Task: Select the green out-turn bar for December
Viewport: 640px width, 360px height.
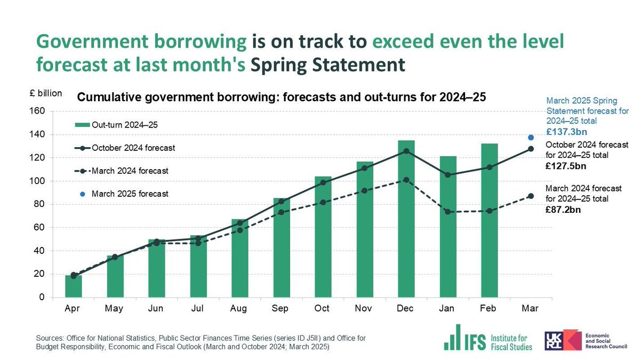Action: [406, 219]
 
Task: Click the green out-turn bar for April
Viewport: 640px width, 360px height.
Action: [74, 286]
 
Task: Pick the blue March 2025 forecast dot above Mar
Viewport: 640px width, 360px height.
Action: [531, 138]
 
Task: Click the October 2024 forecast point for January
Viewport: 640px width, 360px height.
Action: [447, 175]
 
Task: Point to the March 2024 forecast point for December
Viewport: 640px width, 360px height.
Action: [406, 180]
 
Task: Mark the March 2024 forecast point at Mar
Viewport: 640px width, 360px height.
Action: [531, 196]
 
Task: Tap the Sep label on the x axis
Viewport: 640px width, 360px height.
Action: [281, 309]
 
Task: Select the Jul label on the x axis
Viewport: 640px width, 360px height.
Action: [198, 309]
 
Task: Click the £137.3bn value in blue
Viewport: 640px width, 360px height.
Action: [567, 131]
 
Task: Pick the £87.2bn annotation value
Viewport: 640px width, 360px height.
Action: [563, 210]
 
